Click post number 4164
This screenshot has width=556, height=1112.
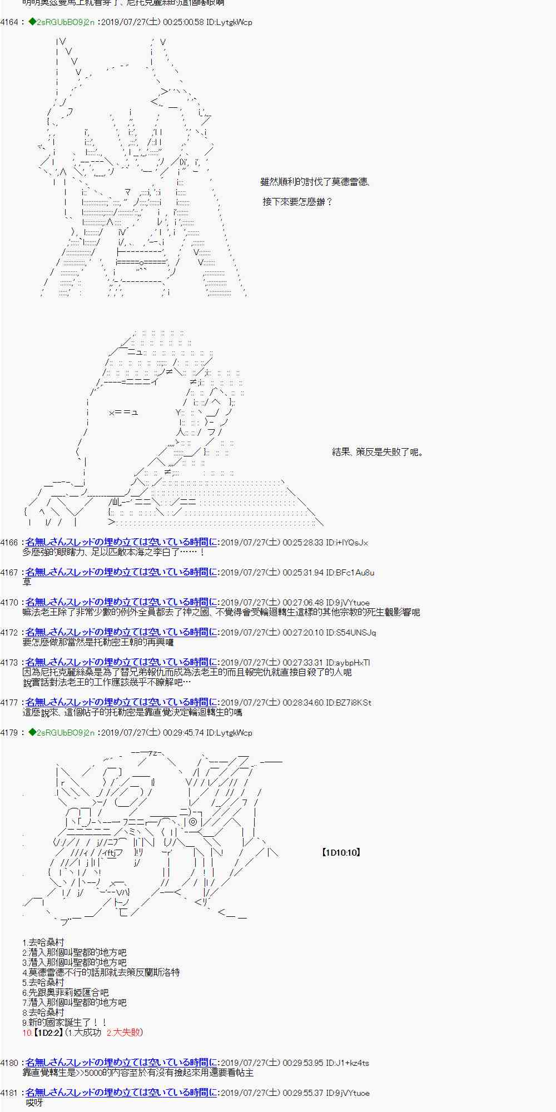(x=9, y=22)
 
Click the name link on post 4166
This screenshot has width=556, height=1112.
(x=121, y=542)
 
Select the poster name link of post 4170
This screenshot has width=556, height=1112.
(x=121, y=602)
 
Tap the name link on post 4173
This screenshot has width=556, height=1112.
(x=121, y=662)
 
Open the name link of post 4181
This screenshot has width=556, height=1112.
(x=121, y=1093)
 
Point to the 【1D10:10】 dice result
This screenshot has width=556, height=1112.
(x=341, y=852)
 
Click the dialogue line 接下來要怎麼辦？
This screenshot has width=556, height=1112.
(x=297, y=202)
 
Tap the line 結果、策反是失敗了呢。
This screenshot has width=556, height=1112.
(x=378, y=452)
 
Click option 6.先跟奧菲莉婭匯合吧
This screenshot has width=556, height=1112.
(x=66, y=992)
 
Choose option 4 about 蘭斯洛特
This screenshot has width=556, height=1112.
(x=101, y=972)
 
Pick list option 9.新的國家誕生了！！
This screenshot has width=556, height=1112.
(x=64, y=1022)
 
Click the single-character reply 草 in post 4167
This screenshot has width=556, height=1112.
(x=27, y=582)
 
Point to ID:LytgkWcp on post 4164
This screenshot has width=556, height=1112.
(x=229, y=22)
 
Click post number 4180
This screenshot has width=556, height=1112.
(x=9, y=1063)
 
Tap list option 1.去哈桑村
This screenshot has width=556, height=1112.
(x=43, y=942)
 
